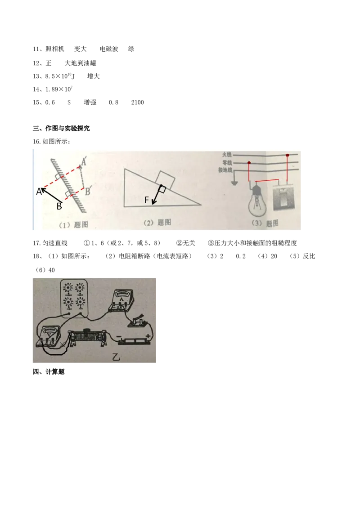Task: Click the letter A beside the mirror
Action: click(x=39, y=191)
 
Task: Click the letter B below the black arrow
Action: click(x=58, y=206)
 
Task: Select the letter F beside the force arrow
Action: click(x=147, y=201)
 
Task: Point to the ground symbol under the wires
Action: click(x=234, y=183)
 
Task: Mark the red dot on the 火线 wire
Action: click(x=288, y=155)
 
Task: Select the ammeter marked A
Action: click(x=121, y=300)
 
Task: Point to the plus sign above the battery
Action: click(x=148, y=335)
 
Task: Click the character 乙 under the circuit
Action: click(x=117, y=357)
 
